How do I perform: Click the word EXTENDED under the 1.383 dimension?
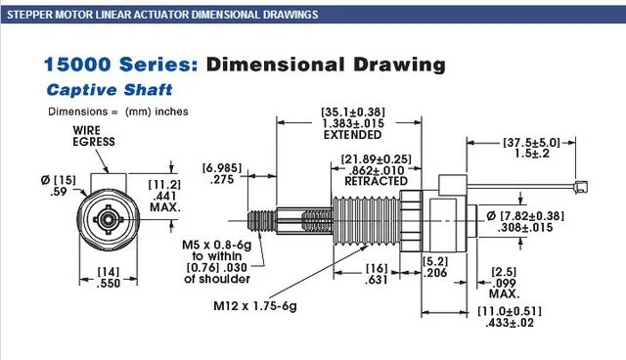(x=352, y=135)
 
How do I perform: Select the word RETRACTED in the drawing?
(x=376, y=181)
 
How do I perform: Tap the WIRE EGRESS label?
(x=94, y=136)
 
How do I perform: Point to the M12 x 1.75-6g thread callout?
(x=255, y=306)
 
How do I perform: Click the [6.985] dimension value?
(x=222, y=167)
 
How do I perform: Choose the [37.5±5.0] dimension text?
(x=531, y=143)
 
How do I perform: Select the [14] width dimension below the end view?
(x=109, y=272)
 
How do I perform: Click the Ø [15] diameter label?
(x=59, y=180)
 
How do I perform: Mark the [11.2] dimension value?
(x=164, y=185)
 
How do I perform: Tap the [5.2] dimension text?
(x=435, y=261)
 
